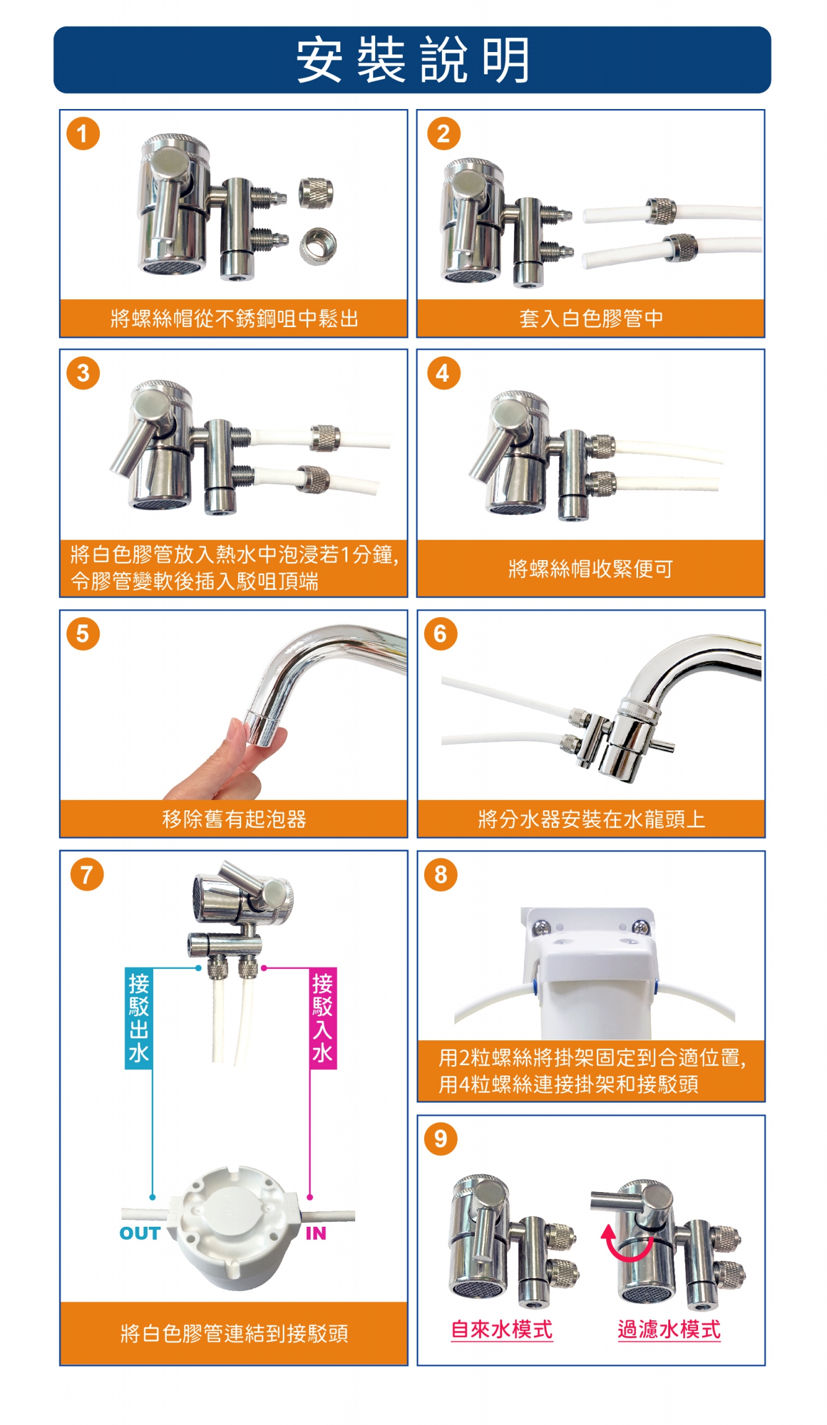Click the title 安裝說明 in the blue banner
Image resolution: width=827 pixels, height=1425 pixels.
point(413,60)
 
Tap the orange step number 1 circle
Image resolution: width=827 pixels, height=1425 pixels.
point(83,134)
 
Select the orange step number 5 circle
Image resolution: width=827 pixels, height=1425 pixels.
point(83,634)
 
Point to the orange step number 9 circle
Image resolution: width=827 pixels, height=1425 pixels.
point(441,1139)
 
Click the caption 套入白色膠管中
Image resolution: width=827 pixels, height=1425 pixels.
point(591,318)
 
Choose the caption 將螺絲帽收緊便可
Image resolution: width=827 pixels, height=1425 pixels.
point(590,568)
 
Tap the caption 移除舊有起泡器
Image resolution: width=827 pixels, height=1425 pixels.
point(234,819)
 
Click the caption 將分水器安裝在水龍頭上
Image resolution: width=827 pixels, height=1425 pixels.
point(591,819)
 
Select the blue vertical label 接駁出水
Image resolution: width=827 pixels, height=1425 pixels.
point(138,1018)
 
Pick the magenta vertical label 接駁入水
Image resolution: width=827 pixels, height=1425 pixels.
point(322,1018)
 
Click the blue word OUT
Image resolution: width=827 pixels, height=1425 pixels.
point(140,1234)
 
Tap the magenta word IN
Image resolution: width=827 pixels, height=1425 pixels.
point(316,1234)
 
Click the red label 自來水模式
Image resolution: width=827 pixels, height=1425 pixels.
point(502,1330)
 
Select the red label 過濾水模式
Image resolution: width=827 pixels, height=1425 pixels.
point(669,1330)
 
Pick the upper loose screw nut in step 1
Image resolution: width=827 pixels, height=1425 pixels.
point(316,193)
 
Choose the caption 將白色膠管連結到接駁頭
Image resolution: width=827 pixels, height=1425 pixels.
point(234,1333)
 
